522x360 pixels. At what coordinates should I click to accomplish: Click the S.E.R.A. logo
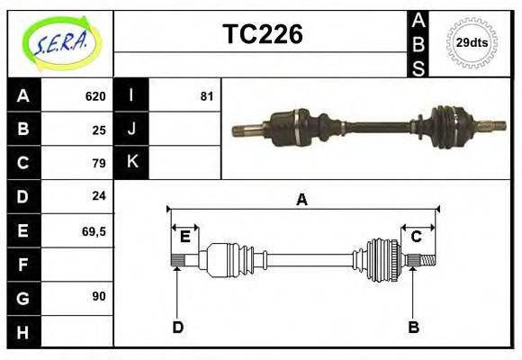click(59, 41)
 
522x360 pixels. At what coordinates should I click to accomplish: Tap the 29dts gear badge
click(472, 42)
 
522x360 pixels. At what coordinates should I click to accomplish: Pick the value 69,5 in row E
click(94, 231)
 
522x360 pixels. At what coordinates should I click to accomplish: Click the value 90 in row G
click(98, 296)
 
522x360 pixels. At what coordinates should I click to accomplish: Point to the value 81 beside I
click(206, 96)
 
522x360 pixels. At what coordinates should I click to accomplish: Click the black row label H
click(23, 332)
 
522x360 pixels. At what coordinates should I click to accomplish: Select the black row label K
click(132, 162)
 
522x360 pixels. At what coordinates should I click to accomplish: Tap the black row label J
click(132, 129)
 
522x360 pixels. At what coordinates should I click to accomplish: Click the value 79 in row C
click(98, 163)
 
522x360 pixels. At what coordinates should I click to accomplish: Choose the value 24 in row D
click(98, 195)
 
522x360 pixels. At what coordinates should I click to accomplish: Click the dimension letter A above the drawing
click(302, 200)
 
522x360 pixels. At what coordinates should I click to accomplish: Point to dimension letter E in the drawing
click(184, 237)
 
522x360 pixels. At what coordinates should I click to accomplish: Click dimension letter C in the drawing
click(417, 237)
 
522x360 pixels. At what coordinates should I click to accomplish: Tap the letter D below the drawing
click(177, 327)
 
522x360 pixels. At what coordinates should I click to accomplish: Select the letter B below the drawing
click(413, 327)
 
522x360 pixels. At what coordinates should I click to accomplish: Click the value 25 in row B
click(98, 130)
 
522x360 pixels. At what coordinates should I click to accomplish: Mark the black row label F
click(23, 265)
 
